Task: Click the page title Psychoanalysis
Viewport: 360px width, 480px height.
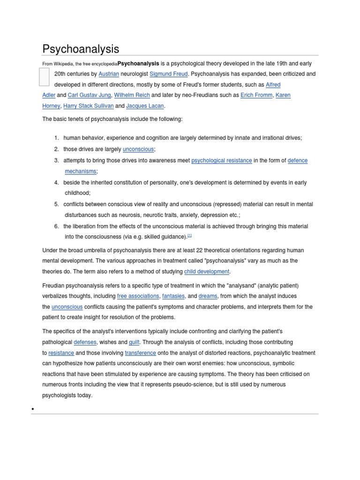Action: coord(81,49)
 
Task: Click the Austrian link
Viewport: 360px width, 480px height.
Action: coord(109,74)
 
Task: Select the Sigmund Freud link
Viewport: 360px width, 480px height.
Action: coord(168,74)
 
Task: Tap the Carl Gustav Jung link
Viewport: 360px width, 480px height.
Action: coord(90,95)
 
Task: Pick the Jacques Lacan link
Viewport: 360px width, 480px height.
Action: coord(145,106)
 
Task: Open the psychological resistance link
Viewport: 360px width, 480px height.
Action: coord(222,160)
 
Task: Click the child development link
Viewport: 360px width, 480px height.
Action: coord(207,271)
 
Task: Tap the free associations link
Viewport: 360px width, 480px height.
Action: coord(138,296)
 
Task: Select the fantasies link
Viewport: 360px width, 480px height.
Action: coord(173,296)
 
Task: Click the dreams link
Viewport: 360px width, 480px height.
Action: coord(208,296)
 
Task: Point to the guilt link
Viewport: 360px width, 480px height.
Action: coord(134,342)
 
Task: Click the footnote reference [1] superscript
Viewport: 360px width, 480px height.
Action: coord(190,236)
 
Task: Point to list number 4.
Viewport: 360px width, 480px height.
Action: coord(56,182)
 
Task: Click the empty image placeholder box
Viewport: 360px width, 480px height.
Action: coord(44,77)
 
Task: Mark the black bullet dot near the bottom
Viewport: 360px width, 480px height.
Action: coord(33,410)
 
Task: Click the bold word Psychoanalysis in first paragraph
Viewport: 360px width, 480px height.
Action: coord(138,63)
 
